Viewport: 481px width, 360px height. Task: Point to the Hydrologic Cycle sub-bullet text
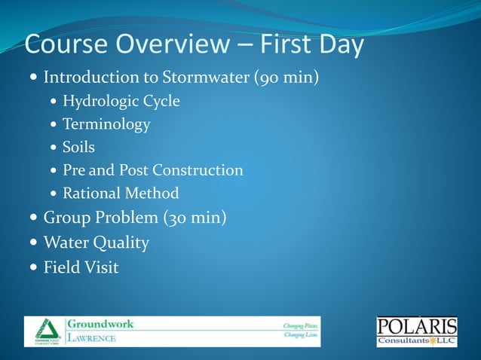[121, 101]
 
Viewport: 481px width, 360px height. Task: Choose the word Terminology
[106, 124]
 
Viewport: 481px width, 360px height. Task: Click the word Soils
[78, 148]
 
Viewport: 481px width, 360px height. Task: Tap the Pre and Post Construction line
[153, 170]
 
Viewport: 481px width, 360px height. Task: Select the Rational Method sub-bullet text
[121, 194]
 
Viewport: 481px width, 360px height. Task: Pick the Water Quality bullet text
[96, 243]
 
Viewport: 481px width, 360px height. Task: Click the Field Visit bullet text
[81, 267]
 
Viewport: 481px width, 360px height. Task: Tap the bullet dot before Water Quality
[32, 243]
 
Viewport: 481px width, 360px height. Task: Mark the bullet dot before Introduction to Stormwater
[32, 78]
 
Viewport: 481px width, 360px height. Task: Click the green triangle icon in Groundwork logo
[45, 328]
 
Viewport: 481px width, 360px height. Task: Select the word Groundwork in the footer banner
[101, 324]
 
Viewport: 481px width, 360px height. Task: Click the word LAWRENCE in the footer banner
[93, 338]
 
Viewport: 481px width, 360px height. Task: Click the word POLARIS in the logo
[416, 327]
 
